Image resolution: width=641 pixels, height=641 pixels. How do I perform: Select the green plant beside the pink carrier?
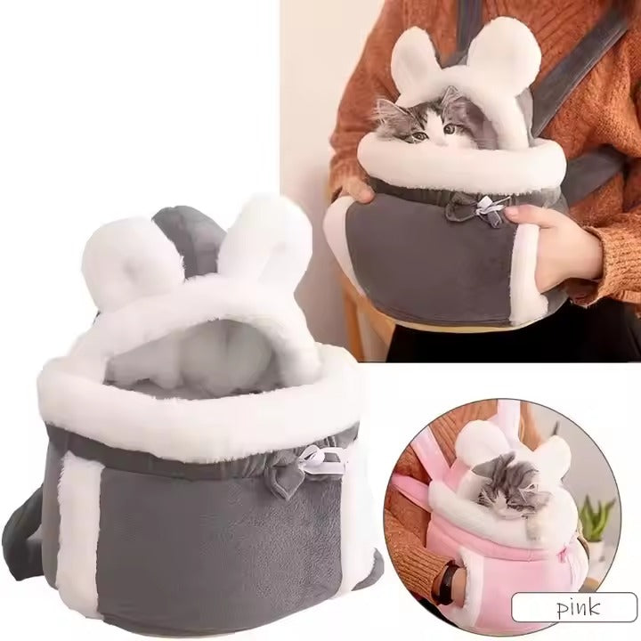596,516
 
